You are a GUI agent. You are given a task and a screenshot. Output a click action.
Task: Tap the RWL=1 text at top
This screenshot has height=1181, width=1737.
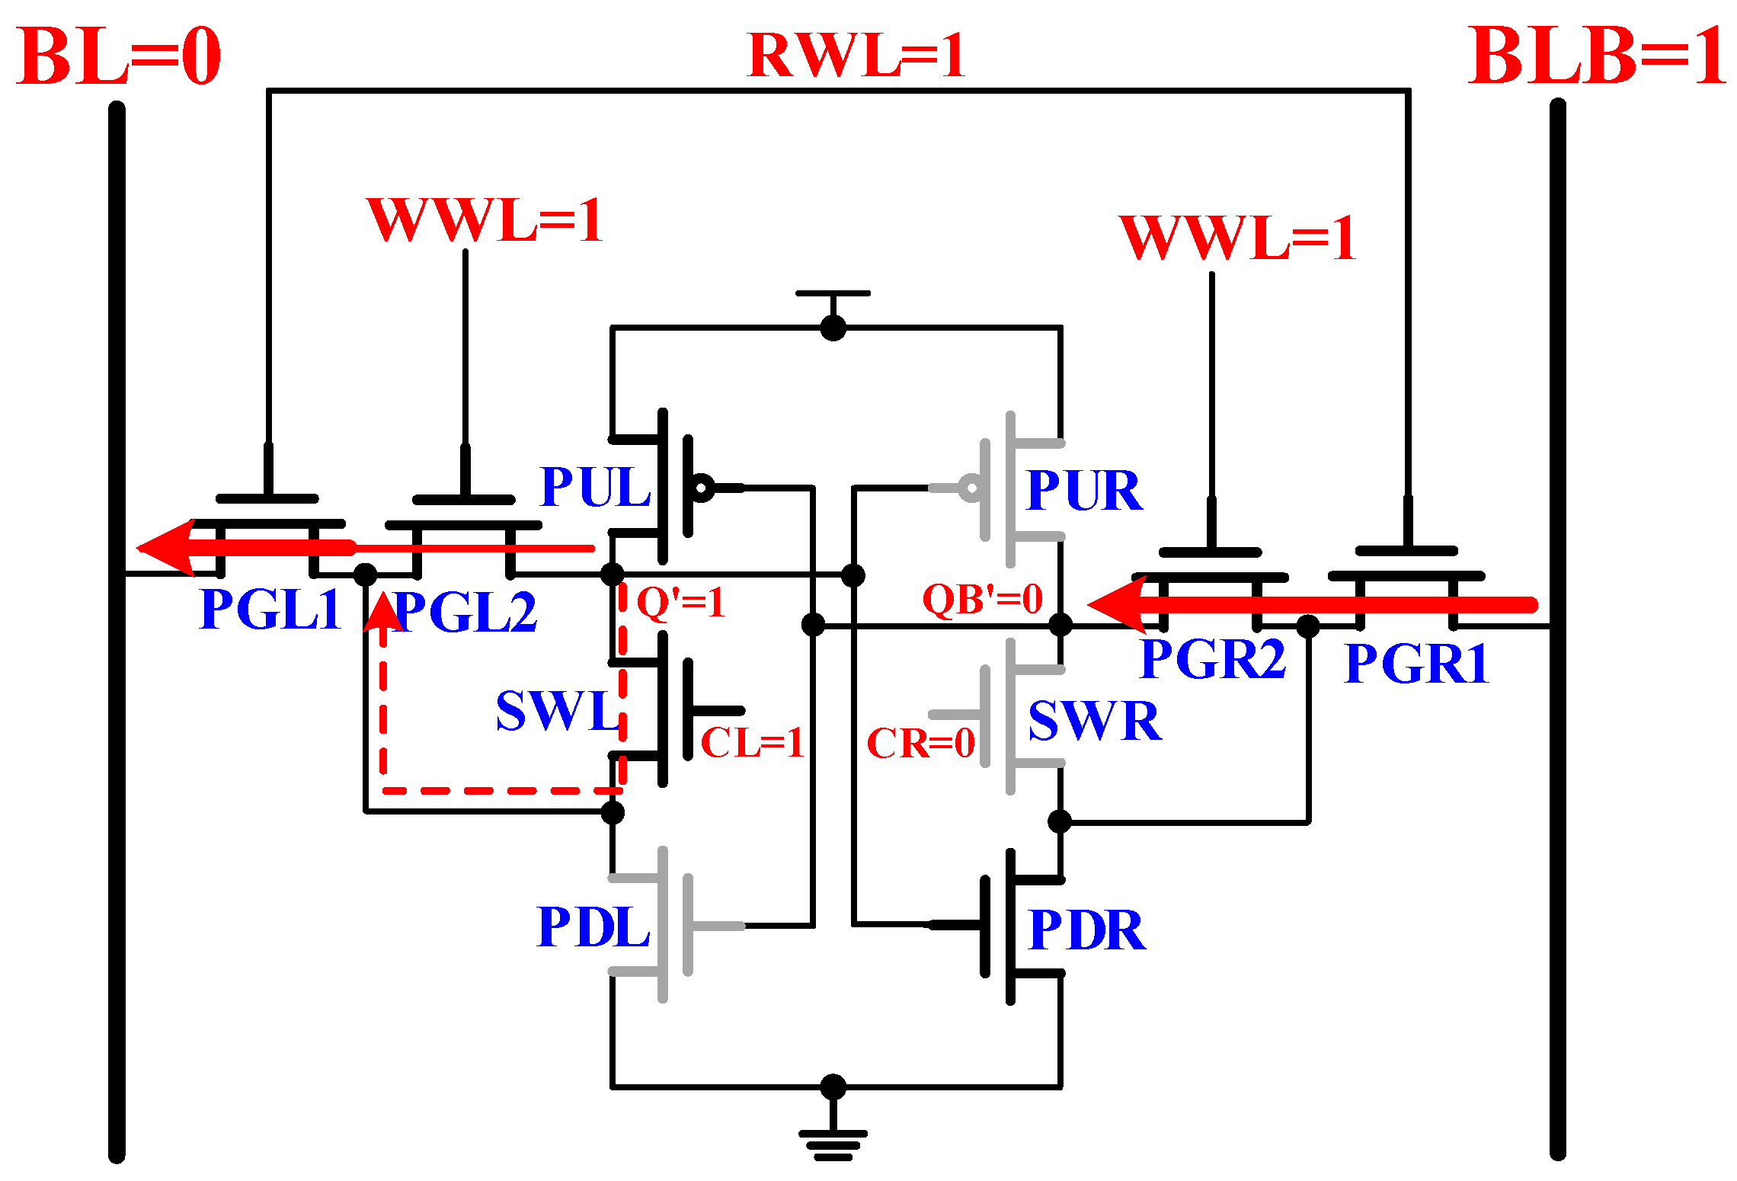[x=856, y=55]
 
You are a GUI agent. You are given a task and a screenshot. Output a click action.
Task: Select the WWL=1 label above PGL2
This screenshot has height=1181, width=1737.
[x=485, y=220]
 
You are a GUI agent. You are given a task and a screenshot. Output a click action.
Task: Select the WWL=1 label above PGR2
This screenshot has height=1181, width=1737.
[x=1237, y=238]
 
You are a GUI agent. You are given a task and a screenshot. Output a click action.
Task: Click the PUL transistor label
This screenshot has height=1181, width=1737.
[x=594, y=487]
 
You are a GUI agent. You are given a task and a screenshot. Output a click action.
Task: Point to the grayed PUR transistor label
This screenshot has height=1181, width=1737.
[x=1084, y=490]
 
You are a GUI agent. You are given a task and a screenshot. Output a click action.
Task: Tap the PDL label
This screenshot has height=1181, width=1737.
[x=593, y=927]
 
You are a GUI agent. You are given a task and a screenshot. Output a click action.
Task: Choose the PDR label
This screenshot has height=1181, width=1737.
[x=1086, y=930]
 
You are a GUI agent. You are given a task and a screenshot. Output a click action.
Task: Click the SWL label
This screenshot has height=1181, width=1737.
[x=558, y=711]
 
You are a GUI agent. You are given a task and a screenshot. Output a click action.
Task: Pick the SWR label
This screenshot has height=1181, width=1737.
[x=1094, y=721]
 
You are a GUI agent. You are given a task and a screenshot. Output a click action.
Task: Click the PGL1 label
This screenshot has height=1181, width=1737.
[x=270, y=610]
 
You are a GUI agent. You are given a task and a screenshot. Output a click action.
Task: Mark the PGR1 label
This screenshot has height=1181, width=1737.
[x=1416, y=664]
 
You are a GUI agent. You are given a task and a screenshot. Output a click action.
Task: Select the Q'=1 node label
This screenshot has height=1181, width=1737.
[x=680, y=602]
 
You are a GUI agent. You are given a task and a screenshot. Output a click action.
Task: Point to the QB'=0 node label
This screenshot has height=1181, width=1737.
[x=982, y=599]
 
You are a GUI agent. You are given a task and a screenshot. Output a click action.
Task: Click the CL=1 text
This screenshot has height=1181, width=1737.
[x=751, y=743]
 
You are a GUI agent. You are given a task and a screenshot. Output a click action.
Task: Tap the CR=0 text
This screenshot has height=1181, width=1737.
[x=920, y=744]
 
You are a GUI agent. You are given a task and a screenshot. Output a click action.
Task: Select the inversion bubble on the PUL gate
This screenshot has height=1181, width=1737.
[x=701, y=487]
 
